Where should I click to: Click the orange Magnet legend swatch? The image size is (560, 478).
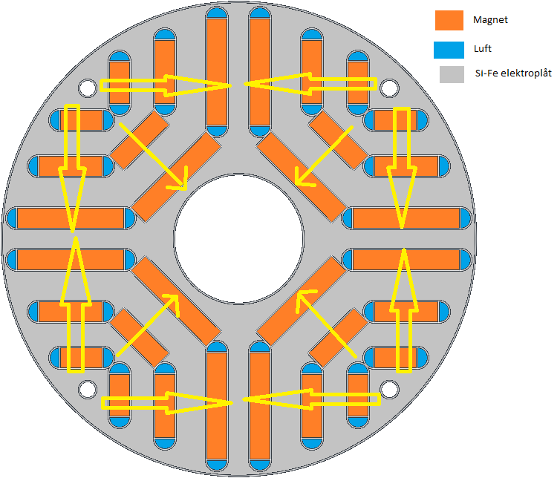click(x=449, y=21)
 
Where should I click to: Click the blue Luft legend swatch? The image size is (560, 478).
click(x=449, y=50)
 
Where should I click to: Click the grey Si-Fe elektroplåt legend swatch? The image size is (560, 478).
click(x=449, y=74)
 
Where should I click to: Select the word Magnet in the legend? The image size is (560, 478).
click(x=490, y=20)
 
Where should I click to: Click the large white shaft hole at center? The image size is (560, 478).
click(x=239, y=239)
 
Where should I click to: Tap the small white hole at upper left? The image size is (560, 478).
click(x=88, y=88)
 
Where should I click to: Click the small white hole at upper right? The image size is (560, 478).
click(x=388, y=88)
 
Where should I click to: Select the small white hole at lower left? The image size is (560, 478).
click(x=88, y=388)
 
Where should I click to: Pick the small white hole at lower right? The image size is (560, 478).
click(x=388, y=388)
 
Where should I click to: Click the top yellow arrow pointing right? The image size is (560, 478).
click(x=163, y=85)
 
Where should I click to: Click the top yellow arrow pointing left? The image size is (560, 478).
click(x=312, y=85)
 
